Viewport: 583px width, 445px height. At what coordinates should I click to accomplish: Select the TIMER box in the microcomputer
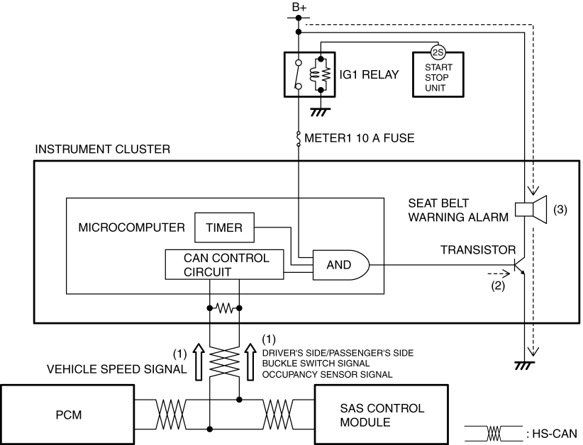pyautogui.click(x=223, y=227)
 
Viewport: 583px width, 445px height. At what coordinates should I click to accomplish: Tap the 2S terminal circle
pyautogui.click(x=438, y=51)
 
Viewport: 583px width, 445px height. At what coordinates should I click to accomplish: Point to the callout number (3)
pyautogui.click(x=560, y=210)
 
